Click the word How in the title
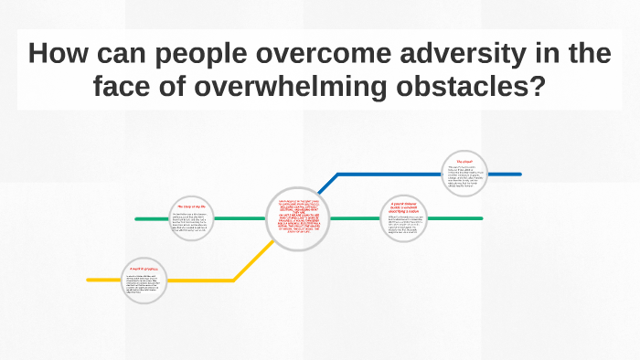[x=57, y=55]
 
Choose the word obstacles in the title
[x=480, y=90]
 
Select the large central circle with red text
[x=297, y=219]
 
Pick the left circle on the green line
[x=192, y=219]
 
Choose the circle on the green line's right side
[x=404, y=219]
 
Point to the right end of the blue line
[x=519, y=174]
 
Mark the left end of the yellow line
[x=89, y=280]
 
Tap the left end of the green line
[x=137, y=219]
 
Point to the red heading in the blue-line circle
[x=464, y=162]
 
